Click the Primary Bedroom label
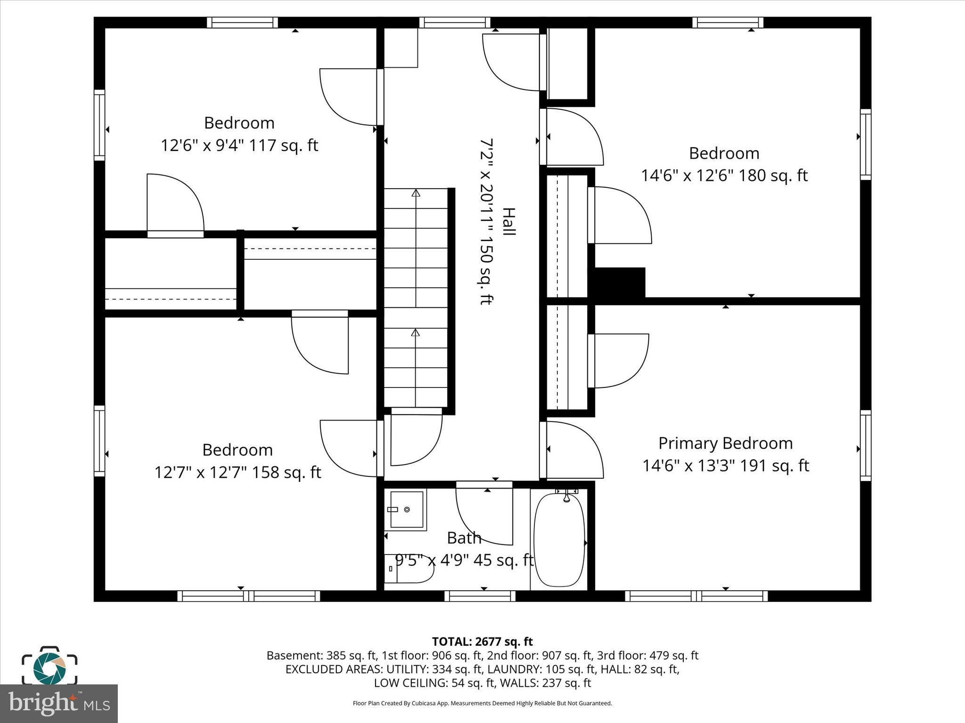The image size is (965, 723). pos(725,443)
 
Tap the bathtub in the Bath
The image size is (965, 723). pos(559,539)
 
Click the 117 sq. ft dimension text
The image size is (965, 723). pos(239,145)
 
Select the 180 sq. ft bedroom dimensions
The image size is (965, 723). pos(724,176)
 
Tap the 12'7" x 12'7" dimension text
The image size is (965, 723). pos(237,472)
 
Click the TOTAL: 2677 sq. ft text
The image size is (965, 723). pos(482,642)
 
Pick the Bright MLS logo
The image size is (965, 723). pos(59,703)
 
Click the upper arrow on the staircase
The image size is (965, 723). pos(416,193)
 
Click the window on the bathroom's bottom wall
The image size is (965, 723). pos(480,596)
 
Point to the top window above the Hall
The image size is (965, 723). pos(455,22)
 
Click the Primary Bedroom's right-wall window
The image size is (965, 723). pos(865,445)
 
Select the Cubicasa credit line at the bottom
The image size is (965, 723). pos(482,703)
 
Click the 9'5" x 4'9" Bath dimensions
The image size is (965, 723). pos(464,560)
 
